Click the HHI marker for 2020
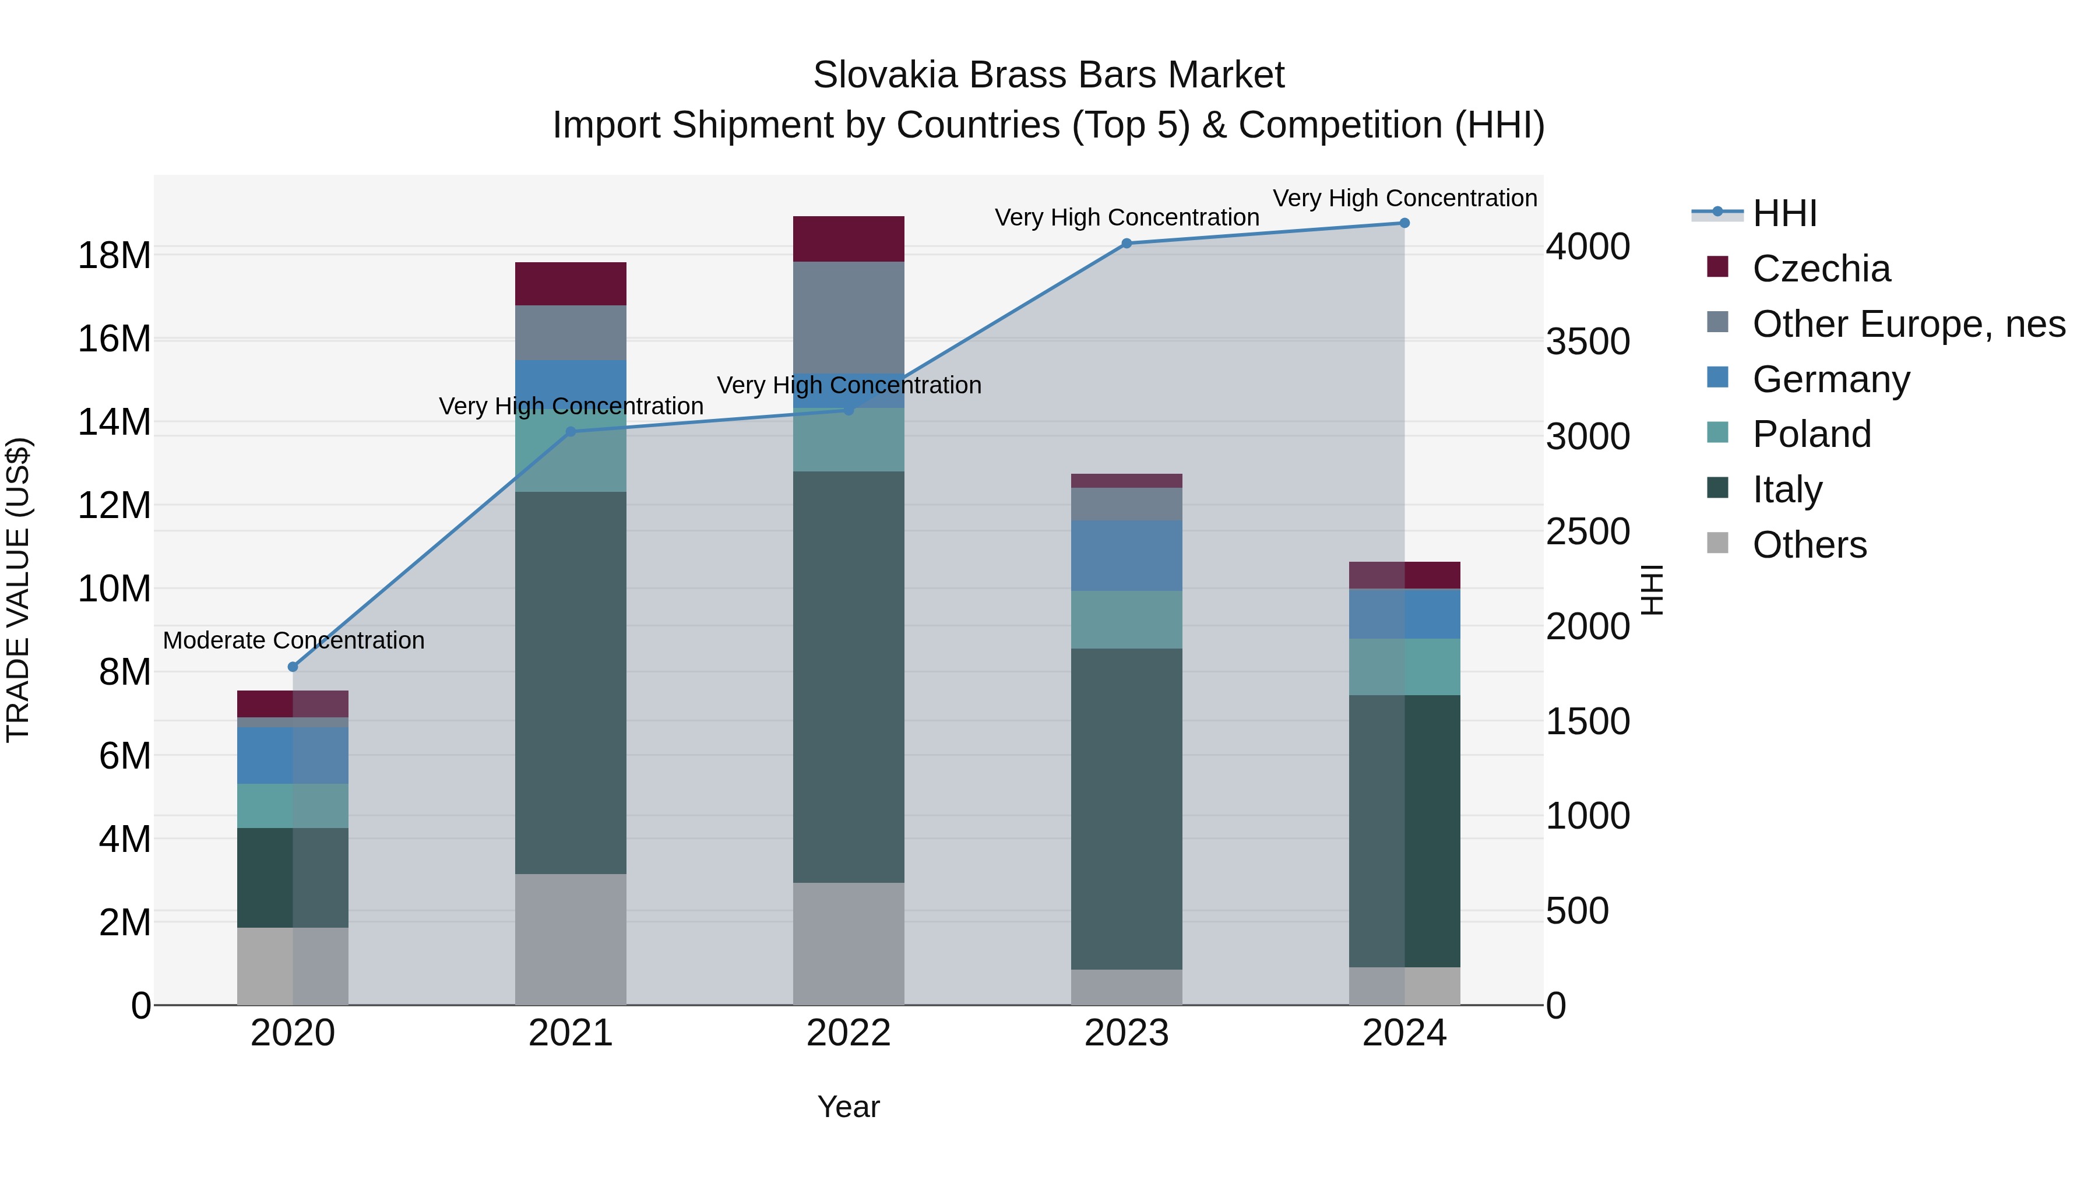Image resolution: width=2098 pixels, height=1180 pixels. pyautogui.click(x=293, y=667)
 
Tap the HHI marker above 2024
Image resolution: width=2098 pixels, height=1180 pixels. pyautogui.click(x=1404, y=223)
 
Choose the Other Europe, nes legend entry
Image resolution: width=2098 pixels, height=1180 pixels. pyautogui.click(x=1908, y=324)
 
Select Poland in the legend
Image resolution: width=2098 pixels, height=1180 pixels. pyautogui.click(x=1811, y=434)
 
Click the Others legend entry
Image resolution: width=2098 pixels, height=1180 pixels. pyautogui.click(x=1809, y=545)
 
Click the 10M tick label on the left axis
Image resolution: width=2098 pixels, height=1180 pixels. pyautogui.click(x=114, y=589)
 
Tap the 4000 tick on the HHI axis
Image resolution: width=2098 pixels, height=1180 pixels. pyautogui.click(x=1587, y=246)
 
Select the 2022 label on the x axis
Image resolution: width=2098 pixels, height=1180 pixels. pyautogui.click(x=849, y=1033)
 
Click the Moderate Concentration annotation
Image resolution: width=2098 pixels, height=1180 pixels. pyautogui.click(x=293, y=641)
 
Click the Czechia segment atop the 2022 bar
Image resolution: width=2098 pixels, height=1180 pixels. pyautogui.click(x=849, y=238)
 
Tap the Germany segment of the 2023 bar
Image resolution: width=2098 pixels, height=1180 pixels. pyautogui.click(x=1127, y=555)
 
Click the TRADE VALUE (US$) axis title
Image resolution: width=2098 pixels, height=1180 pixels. pyautogui.click(x=18, y=590)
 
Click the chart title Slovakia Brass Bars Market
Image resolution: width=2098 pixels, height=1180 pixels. pyautogui.click(x=1048, y=75)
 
